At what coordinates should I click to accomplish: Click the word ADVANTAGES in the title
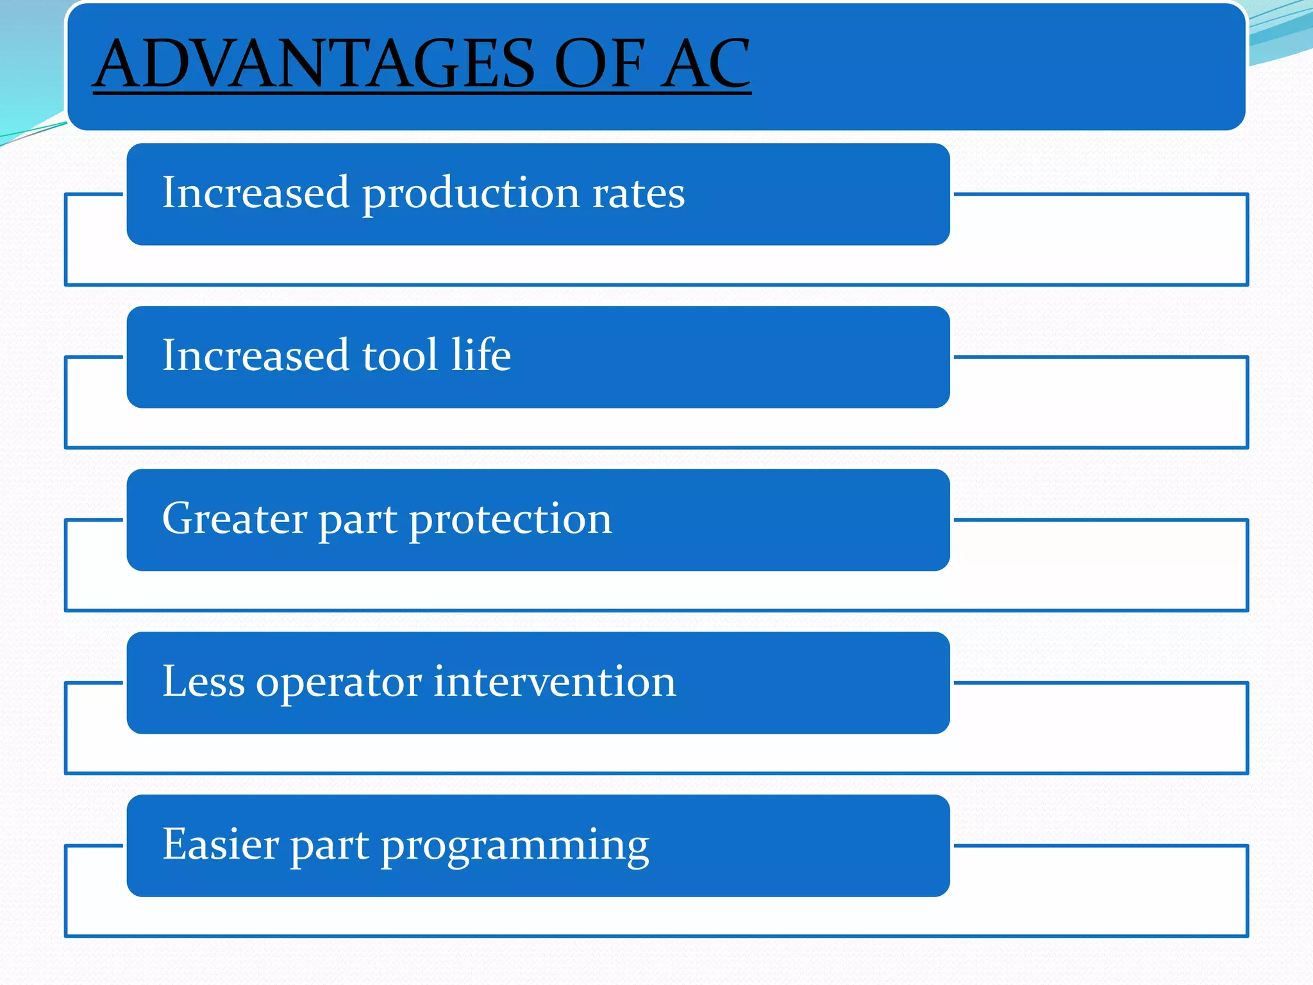314,64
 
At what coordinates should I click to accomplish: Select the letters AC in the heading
705,64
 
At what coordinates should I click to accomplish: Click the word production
471,194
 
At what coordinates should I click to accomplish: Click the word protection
510,519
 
